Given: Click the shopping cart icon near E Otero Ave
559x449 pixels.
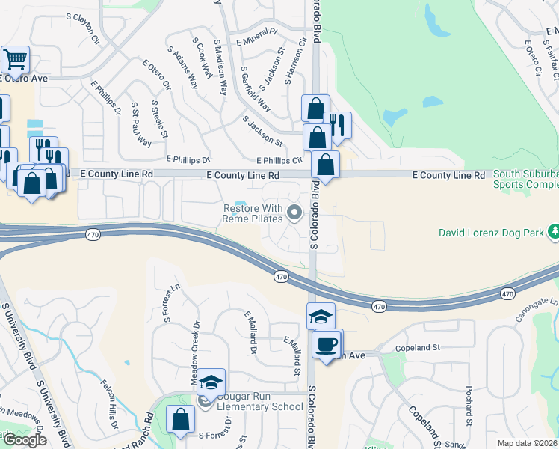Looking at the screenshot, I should pos(15,59).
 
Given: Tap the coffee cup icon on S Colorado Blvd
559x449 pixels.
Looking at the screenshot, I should pos(326,344).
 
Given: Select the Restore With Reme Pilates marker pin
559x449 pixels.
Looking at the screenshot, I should pos(294,214).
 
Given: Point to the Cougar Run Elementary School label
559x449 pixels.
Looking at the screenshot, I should pos(250,401).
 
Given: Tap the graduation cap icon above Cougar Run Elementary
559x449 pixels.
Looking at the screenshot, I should pos(211,382).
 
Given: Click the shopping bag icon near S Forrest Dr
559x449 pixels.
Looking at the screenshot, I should pos(180,419).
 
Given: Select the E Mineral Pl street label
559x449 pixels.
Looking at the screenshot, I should pos(256,33).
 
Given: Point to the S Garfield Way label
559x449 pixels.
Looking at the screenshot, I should pos(256,90).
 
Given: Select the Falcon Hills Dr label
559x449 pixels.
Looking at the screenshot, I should pos(109,403).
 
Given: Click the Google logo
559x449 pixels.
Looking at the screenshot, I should pos(24,439).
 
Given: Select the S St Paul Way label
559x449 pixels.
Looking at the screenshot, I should pos(140,124).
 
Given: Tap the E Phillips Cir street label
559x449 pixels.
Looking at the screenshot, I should pos(279,160).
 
